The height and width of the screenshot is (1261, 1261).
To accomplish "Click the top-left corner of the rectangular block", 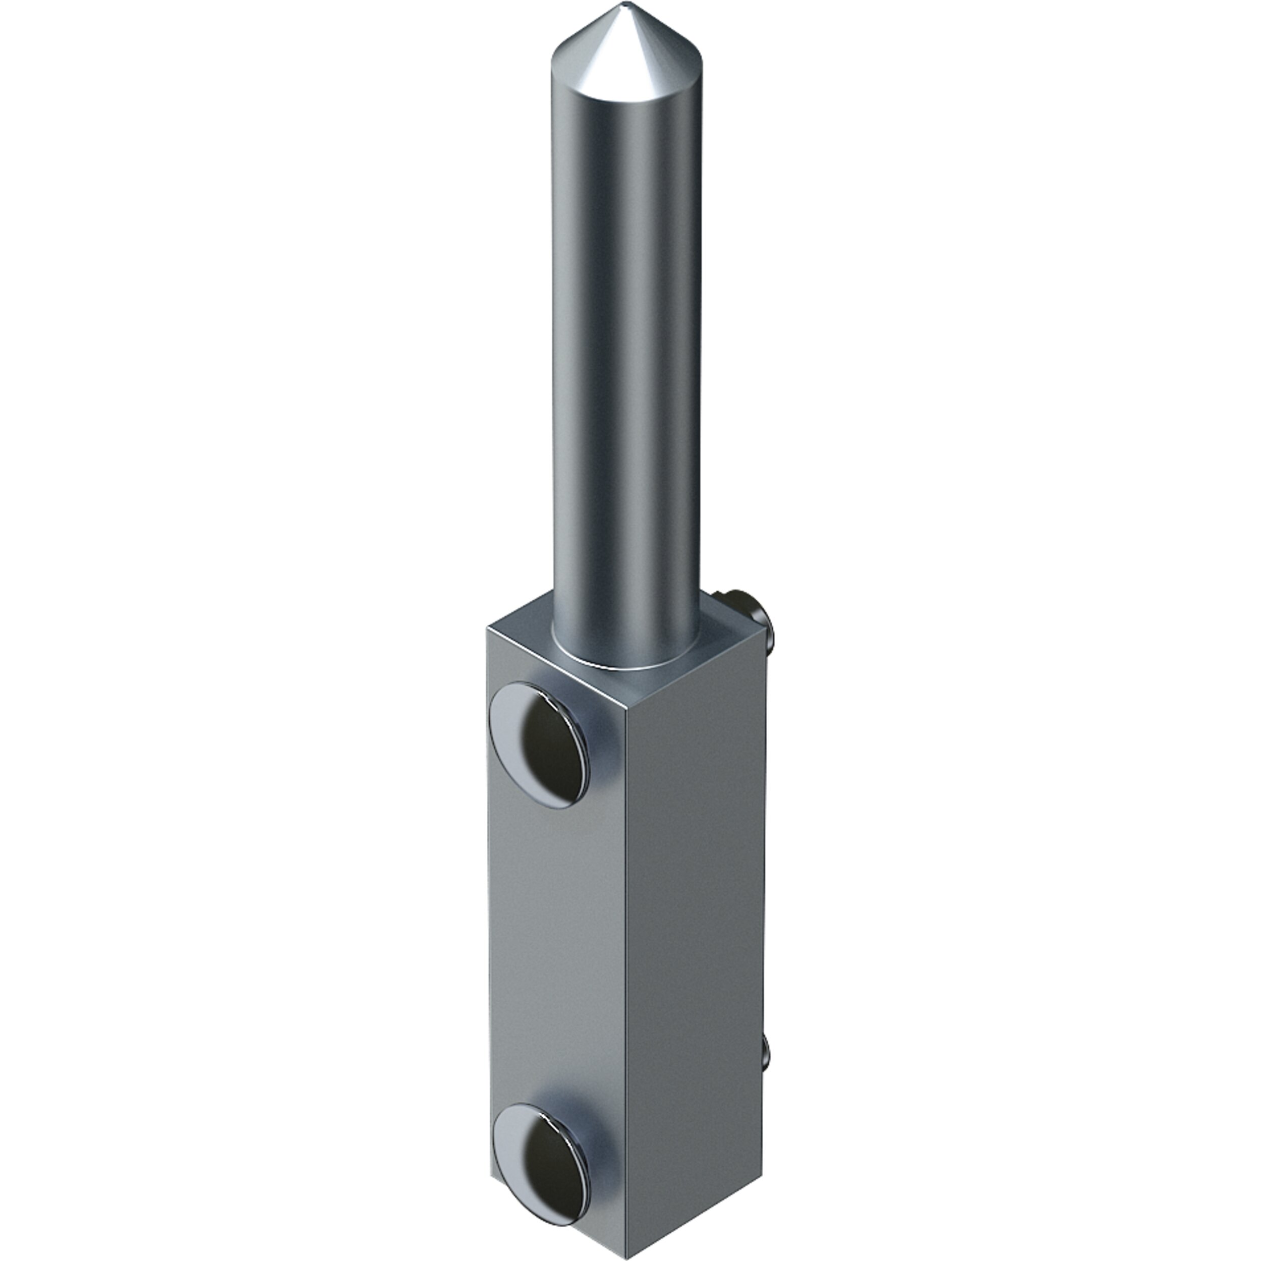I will (x=488, y=626).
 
